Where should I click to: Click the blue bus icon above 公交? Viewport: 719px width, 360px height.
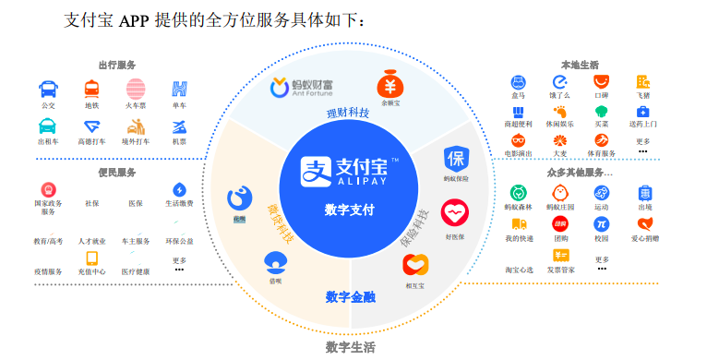[48, 90]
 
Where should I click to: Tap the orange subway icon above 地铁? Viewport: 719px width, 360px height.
[92, 90]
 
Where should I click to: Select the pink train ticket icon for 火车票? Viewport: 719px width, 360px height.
[136, 90]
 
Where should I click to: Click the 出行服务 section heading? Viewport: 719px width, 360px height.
[117, 65]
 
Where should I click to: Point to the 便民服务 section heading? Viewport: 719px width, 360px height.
[117, 173]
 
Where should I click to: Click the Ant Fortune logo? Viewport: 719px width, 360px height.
[301, 89]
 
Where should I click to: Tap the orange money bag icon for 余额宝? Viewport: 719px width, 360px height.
[391, 87]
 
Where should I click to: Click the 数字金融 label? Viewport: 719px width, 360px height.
[350, 296]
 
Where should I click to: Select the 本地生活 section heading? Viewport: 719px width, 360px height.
[580, 65]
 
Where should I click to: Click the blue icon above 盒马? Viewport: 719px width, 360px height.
[518, 83]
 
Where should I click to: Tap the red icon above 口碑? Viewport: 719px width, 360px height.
[602, 83]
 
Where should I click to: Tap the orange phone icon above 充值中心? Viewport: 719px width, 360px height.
[92, 258]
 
